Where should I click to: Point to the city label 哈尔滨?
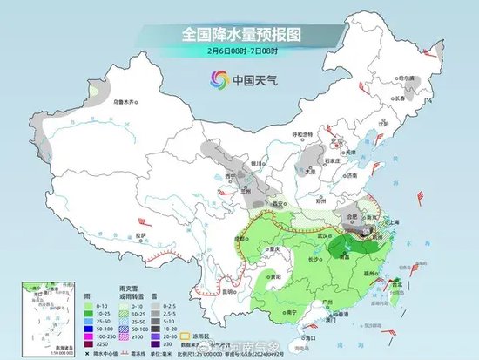pos(407,88)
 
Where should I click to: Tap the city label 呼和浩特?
pos(302,134)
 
